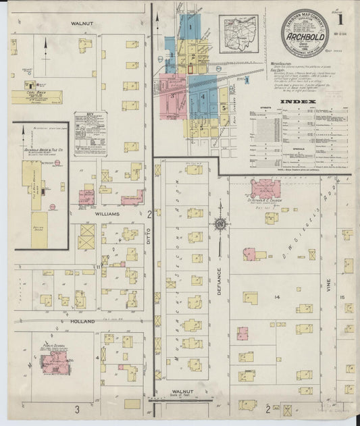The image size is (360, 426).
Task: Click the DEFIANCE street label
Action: tap(218, 278)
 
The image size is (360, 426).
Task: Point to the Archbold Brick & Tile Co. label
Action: tap(43, 151)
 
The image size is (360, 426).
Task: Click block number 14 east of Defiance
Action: tap(276, 297)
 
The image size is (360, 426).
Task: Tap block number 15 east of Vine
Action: tap(342, 298)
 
